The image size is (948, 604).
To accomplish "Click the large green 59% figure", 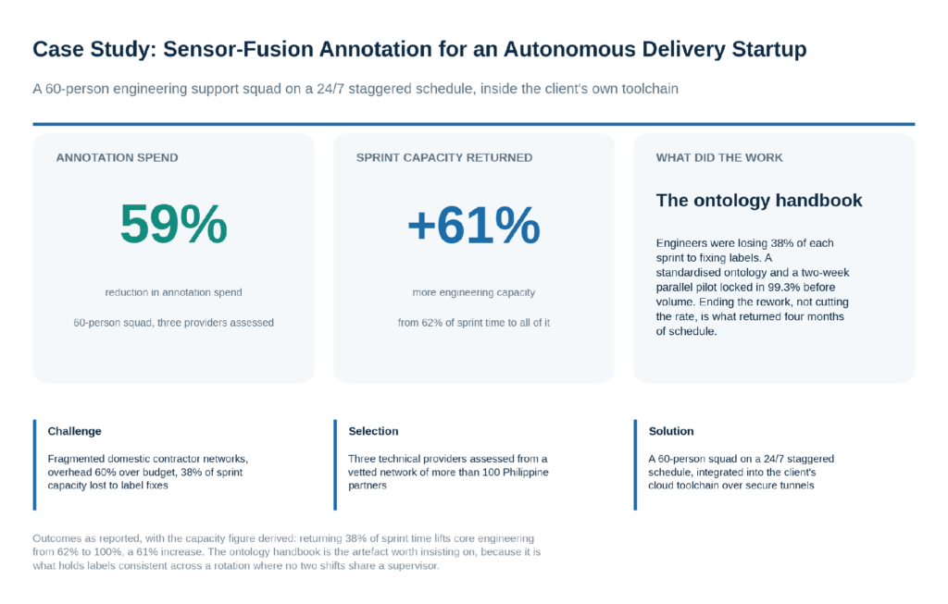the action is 173,224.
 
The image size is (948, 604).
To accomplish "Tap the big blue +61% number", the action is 473,225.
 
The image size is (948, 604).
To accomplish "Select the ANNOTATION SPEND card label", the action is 118,157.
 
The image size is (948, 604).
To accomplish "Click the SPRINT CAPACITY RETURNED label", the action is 444,157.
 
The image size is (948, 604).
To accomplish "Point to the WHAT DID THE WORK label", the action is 719,157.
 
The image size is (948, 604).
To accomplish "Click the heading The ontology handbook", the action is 759,201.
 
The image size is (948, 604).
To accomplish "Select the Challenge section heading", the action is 74,431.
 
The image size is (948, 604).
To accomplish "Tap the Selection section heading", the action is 373,431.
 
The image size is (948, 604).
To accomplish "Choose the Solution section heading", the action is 671,431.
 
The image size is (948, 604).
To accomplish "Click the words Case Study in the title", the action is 94,49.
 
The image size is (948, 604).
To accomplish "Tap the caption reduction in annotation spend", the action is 173,292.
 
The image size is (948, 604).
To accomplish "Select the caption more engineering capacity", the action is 473,292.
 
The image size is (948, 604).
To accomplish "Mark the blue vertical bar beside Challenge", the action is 34,465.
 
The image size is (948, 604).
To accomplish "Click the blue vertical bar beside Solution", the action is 635,465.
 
